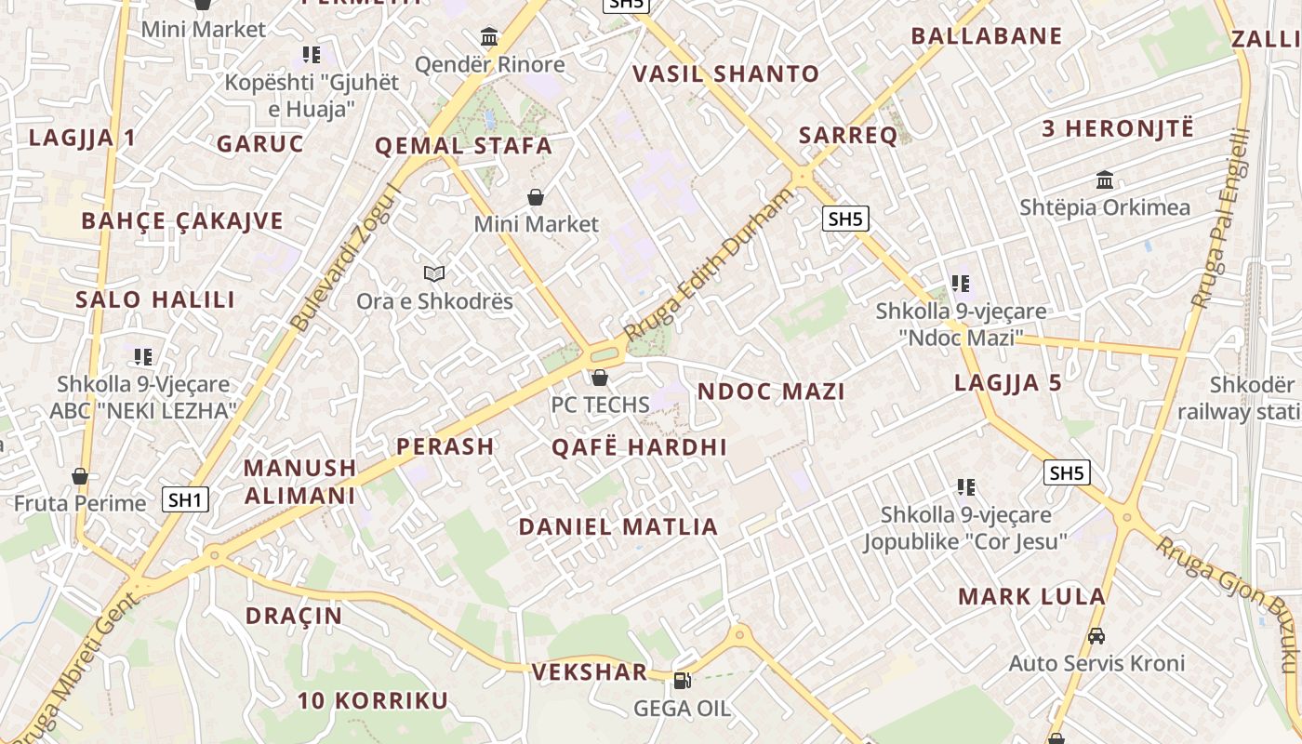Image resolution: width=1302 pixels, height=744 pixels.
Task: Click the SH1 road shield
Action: point(185,499)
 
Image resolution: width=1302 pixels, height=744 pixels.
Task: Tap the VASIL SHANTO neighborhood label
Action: point(725,74)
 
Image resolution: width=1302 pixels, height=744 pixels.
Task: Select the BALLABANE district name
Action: point(986,36)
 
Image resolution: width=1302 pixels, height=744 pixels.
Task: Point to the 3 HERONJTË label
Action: point(1117,128)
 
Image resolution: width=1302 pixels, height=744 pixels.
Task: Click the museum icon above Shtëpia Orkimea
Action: point(1105,179)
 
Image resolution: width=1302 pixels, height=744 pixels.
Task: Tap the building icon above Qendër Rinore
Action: point(489,37)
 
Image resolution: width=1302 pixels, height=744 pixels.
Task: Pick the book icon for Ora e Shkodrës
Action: point(434,273)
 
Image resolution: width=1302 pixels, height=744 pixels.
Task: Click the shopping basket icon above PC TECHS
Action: point(600,378)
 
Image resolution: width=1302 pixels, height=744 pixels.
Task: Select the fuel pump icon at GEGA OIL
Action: point(682,681)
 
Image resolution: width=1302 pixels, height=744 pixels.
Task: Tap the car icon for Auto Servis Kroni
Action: point(1096,636)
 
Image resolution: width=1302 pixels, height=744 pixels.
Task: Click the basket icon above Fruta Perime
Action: point(80,476)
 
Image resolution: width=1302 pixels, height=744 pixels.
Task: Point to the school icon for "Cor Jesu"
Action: point(965,486)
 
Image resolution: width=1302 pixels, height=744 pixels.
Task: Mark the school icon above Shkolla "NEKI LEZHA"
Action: point(142,356)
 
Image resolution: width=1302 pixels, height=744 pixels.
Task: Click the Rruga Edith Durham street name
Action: point(711,263)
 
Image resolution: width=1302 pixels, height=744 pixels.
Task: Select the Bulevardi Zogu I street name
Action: point(346,258)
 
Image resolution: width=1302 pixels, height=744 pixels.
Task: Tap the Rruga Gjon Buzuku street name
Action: point(1228,603)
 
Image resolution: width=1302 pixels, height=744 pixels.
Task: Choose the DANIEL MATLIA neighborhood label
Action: point(618,526)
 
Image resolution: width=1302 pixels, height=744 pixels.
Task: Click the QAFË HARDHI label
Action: point(639,447)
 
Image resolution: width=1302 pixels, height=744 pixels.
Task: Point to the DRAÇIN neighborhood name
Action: point(294,616)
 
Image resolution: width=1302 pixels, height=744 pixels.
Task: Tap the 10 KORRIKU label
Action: point(373,700)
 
